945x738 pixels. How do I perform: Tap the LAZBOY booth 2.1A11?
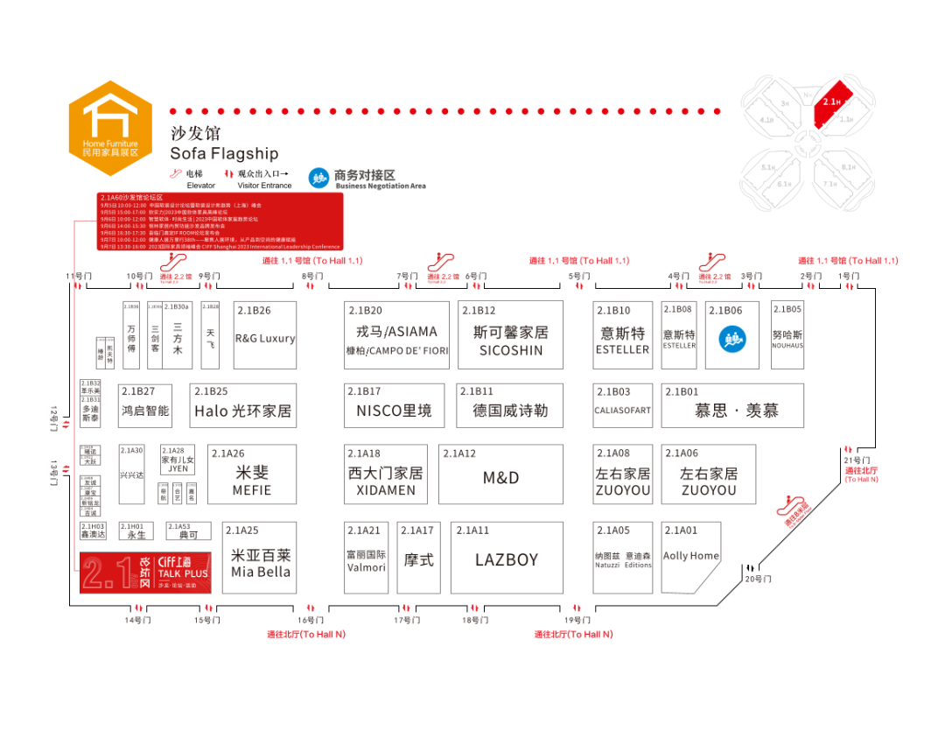coord(507,559)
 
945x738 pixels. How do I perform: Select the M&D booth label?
coord(500,477)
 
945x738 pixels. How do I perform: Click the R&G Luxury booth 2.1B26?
coord(265,338)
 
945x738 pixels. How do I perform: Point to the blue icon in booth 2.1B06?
coord(731,339)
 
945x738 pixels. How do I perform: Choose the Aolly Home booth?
coord(691,556)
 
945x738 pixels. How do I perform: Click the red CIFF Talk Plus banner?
coord(145,573)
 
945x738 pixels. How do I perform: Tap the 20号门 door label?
coord(758,579)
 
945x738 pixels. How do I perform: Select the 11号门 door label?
coord(78,277)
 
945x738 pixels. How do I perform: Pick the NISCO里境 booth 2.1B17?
coord(394,411)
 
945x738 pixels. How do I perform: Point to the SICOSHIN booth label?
coord(511,350)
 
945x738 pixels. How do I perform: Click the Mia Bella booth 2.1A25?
coord(261,563)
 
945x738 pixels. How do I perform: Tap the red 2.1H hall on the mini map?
coord(830,103)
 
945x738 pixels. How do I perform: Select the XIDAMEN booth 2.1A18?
coord(386,481)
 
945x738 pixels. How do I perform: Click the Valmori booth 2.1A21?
coord(366,560)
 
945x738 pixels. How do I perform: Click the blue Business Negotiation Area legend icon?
coord(319,178)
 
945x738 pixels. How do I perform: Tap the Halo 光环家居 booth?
coord(242,411)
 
